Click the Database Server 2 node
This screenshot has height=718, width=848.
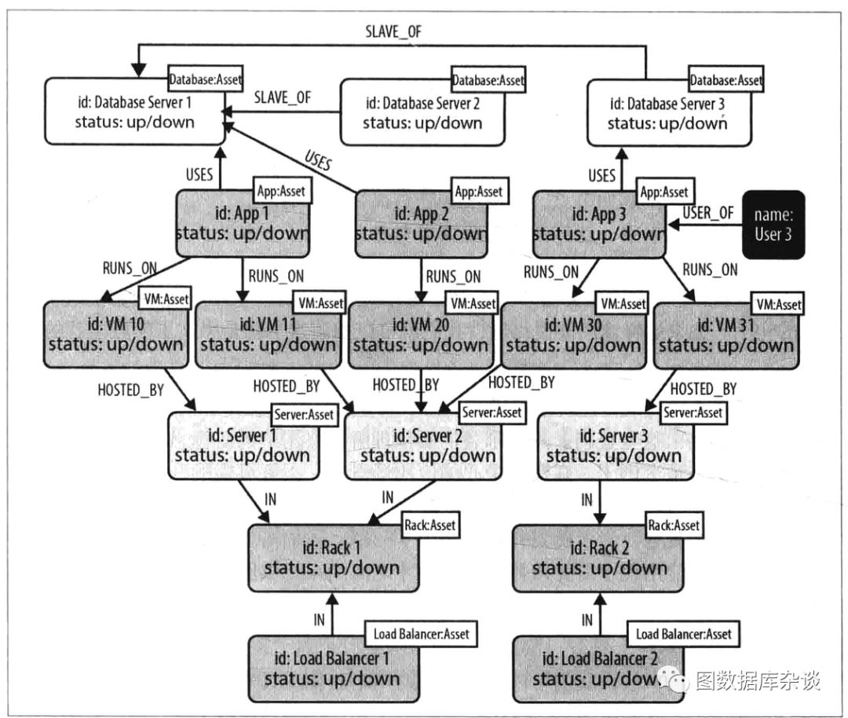[x=422, y=112]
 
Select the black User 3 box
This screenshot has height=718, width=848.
[x=773, y=225]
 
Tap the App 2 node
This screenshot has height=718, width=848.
[x=421, y=224]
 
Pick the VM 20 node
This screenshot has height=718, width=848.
[x=421, y=335]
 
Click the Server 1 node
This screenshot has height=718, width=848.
[x=243, y=446]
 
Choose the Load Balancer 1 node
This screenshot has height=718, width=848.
[x=334, y=669]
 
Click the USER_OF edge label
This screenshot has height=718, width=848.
[x=708, y=213]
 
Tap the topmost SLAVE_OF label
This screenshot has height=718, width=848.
[x=393, y=31]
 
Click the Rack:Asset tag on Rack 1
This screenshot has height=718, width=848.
[x=430, y=525]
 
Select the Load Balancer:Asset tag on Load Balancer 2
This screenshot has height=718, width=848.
[x=684, y=634]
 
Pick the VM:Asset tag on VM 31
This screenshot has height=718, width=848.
[x=779, y=305]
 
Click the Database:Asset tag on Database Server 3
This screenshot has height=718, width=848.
[x=726, y=81]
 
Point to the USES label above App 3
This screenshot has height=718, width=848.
[x=602, y=176]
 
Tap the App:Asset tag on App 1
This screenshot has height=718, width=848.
[x=281, y=191]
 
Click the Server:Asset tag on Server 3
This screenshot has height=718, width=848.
[x=693, y=413]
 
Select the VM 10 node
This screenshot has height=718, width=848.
[x=115, y=335]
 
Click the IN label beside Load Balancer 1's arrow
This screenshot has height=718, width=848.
[x=319, y=620]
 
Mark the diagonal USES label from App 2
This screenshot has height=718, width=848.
[x=318, y=161]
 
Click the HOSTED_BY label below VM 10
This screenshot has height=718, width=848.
[x=131, y=390]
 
